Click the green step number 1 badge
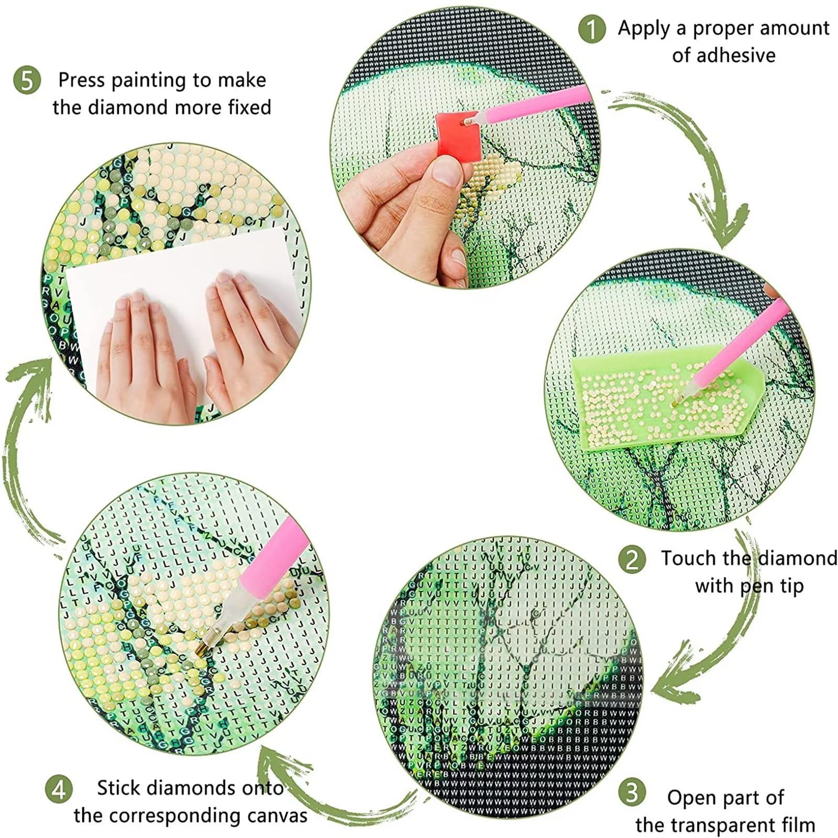[x=592, y=29]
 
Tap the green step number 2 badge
[x=632, y=560]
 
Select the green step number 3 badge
[x=632, y=793]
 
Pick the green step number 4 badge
[x=59, y=789]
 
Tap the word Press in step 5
[x=81, y=80]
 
